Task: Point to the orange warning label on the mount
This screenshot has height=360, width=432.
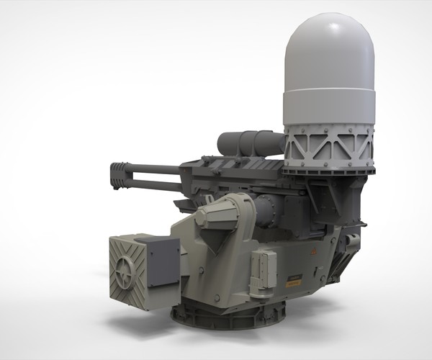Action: [x=293, y=283]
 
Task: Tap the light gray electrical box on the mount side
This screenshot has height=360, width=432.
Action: [x=262, y=272]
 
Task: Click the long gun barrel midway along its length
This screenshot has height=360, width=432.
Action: [x=155, y=171]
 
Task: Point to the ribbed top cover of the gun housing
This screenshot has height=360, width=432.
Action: [x=230, y=167]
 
